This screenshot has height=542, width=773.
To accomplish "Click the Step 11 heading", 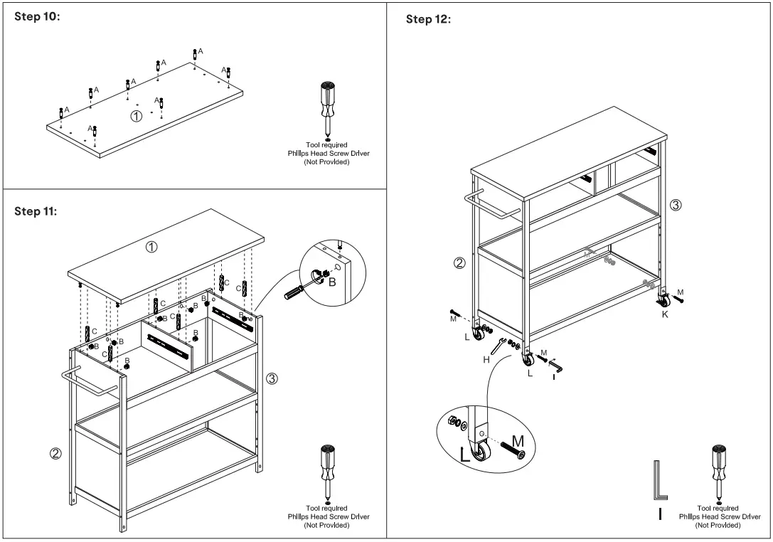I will (38, 211).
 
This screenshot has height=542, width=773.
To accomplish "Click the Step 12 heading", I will (428, 19).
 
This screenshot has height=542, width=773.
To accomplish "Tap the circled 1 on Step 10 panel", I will (136, 115).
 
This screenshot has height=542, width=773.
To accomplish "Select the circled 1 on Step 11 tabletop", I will (151, 247).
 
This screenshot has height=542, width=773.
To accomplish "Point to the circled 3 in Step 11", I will (272, 378).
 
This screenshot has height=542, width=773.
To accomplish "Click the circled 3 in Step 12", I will (676, 205).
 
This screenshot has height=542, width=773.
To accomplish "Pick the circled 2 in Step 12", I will (459, 263).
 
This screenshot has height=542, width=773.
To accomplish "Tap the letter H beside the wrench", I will (486, 360).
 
